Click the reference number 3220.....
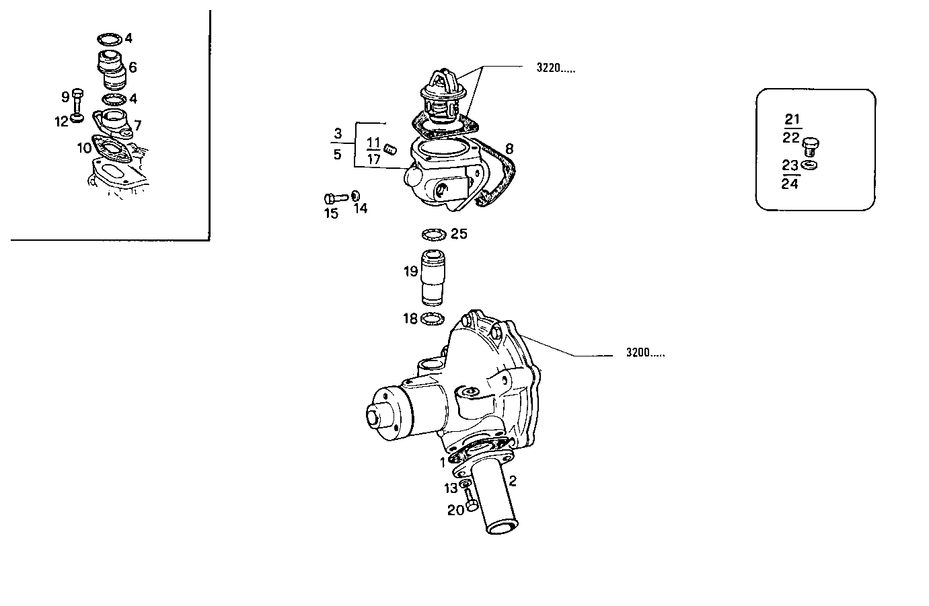click(x=555, y=67)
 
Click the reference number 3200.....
click(x=644, y=352)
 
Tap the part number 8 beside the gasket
click(x=509, y=148)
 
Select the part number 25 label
click(x=459, y=234)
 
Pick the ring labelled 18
click(x=434, y=319)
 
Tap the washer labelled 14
click(x=355, y=196)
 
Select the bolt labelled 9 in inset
click(x=77, y=101)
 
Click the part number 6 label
click(x=133, y=67)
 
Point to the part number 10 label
click(x=84, y=147)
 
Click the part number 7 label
click(x=137, y=124)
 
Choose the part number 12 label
click(x=61, y=121)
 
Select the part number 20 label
click(x=455, y=510)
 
